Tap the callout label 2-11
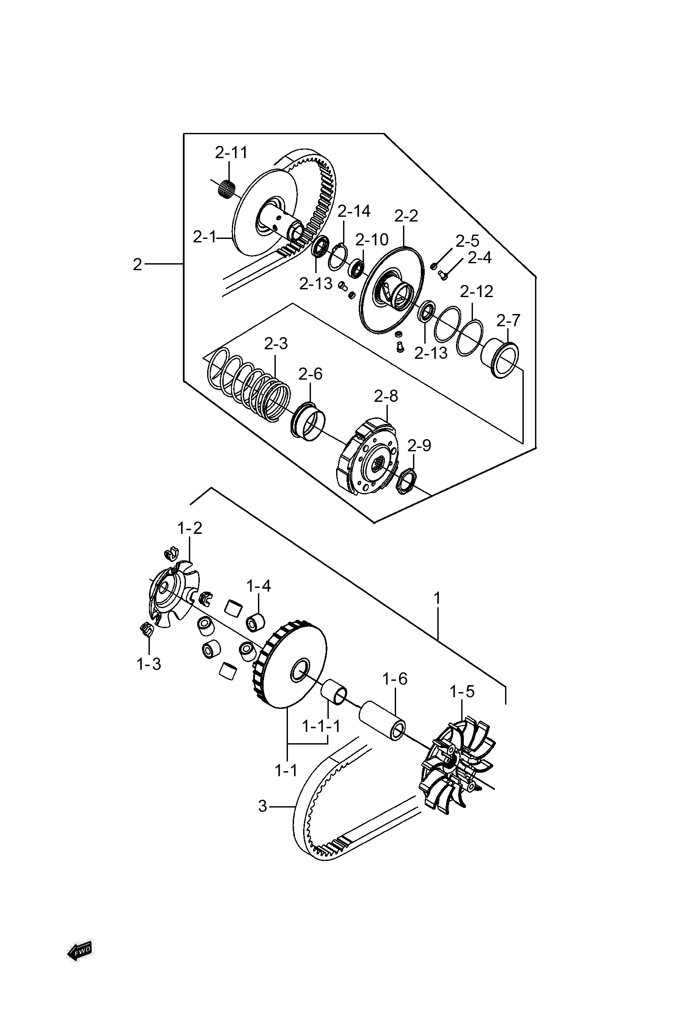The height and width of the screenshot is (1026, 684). click(231, 152)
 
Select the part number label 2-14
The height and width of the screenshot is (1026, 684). click(354, 211)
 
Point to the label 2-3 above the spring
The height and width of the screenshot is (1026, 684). click(276, 344)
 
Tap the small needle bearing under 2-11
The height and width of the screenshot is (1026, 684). click(226, 189)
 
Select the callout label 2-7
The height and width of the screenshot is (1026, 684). click(508, 321)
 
